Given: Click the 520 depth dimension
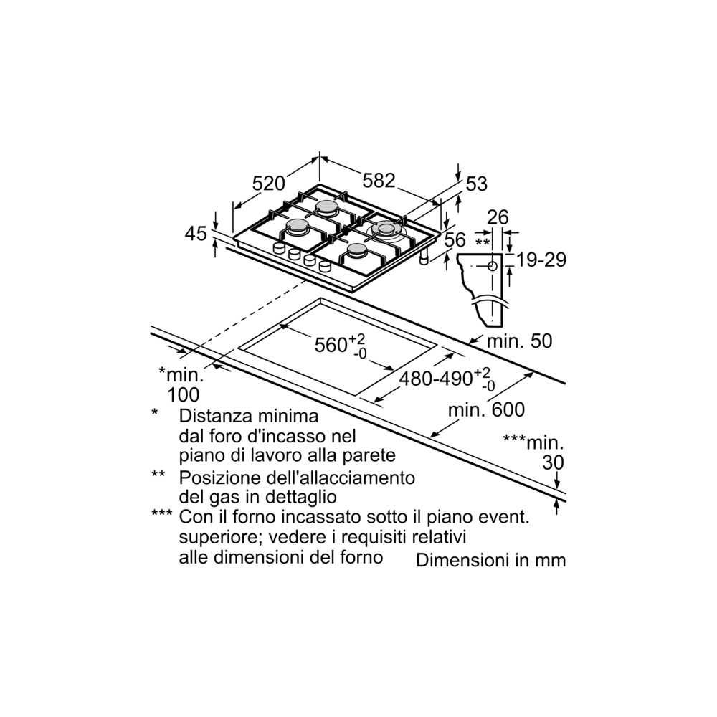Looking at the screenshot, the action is click(269, 184).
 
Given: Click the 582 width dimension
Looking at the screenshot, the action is click(379, 181).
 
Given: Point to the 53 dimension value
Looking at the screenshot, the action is click(477, 184).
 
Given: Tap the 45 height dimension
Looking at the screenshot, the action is click(196, 234).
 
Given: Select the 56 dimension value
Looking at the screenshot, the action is click(455, 239).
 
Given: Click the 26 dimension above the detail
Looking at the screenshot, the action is click(498, 217).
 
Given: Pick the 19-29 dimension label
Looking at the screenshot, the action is click(541, 260).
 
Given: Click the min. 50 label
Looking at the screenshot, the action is click(519, 341).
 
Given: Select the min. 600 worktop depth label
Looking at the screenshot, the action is click(487, 409).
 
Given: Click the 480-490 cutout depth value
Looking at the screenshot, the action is click(436, 379).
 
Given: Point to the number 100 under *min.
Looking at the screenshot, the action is click(184, 394).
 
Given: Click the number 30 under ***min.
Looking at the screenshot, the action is click(553, 462).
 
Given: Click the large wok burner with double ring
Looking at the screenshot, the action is click(386, 229).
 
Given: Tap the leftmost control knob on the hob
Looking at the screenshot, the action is click(279, 248).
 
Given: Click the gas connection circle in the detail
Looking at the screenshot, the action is click(493, 266).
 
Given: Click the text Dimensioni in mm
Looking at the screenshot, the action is click(490, 560).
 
